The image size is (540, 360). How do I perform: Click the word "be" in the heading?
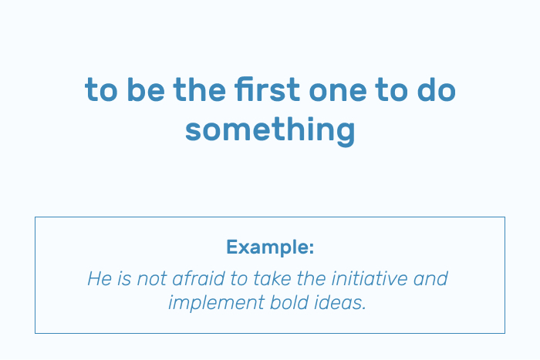146,89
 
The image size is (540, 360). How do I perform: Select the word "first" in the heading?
268,89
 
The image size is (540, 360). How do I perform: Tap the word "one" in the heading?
338,92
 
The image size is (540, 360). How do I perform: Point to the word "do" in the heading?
437,89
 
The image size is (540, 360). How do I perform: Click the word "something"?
270,130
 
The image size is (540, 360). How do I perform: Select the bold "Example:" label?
270,247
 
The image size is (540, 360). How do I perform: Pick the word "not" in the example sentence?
152,279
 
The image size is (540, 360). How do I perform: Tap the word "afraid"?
198,278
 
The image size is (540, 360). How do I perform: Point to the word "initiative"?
370,278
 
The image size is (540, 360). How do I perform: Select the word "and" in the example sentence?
430,278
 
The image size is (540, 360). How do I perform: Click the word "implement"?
216,303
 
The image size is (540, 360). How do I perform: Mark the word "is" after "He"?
123,278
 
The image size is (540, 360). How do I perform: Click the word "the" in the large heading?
200,89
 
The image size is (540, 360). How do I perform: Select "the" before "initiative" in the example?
311,278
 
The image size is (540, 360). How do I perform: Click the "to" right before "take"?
239,279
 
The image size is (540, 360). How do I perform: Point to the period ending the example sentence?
364,308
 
